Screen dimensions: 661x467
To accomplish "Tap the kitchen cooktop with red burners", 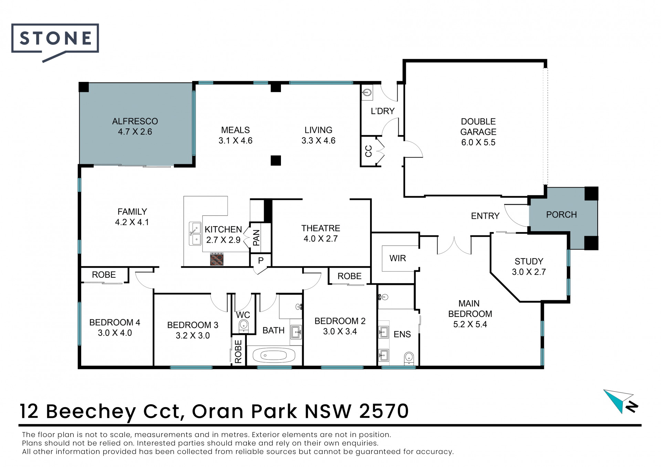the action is coord(217,259).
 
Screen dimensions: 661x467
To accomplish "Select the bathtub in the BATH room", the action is coord(274,355).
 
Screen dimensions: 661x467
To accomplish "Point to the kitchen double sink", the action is coord(195,233).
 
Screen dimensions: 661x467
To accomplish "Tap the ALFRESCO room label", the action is coord(135,121).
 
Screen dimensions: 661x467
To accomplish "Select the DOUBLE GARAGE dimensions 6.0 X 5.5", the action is coord(478,142).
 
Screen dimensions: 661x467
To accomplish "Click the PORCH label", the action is coord(562,215).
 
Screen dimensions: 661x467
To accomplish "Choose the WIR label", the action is coord(398,258).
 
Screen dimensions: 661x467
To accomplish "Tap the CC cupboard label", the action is coord(368,151).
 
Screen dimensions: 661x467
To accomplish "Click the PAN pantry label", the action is coord(256,238).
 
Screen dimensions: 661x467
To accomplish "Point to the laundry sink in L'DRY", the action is coord(367,92).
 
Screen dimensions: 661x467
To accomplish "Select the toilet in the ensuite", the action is coord(409,358).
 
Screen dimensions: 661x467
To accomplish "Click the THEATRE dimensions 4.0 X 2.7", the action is coord(321,239).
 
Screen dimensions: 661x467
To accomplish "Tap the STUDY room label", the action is coord(529,262).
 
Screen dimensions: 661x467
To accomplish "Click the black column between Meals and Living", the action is coord(276,161).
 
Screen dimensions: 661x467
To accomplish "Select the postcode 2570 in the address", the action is coord(384,411).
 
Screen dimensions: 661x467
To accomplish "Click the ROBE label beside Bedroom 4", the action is coord(104,275).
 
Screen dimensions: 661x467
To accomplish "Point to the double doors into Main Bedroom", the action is coord(454,245).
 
